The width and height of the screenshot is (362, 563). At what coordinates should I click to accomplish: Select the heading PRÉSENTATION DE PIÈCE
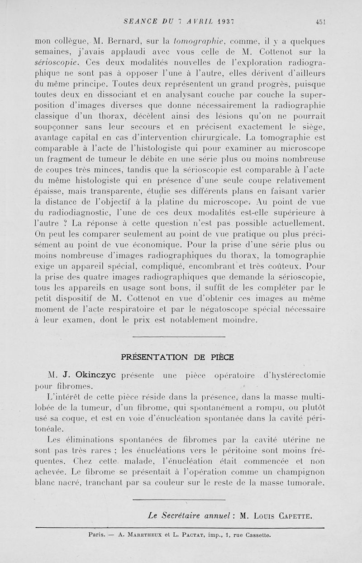tap(178, 357)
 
